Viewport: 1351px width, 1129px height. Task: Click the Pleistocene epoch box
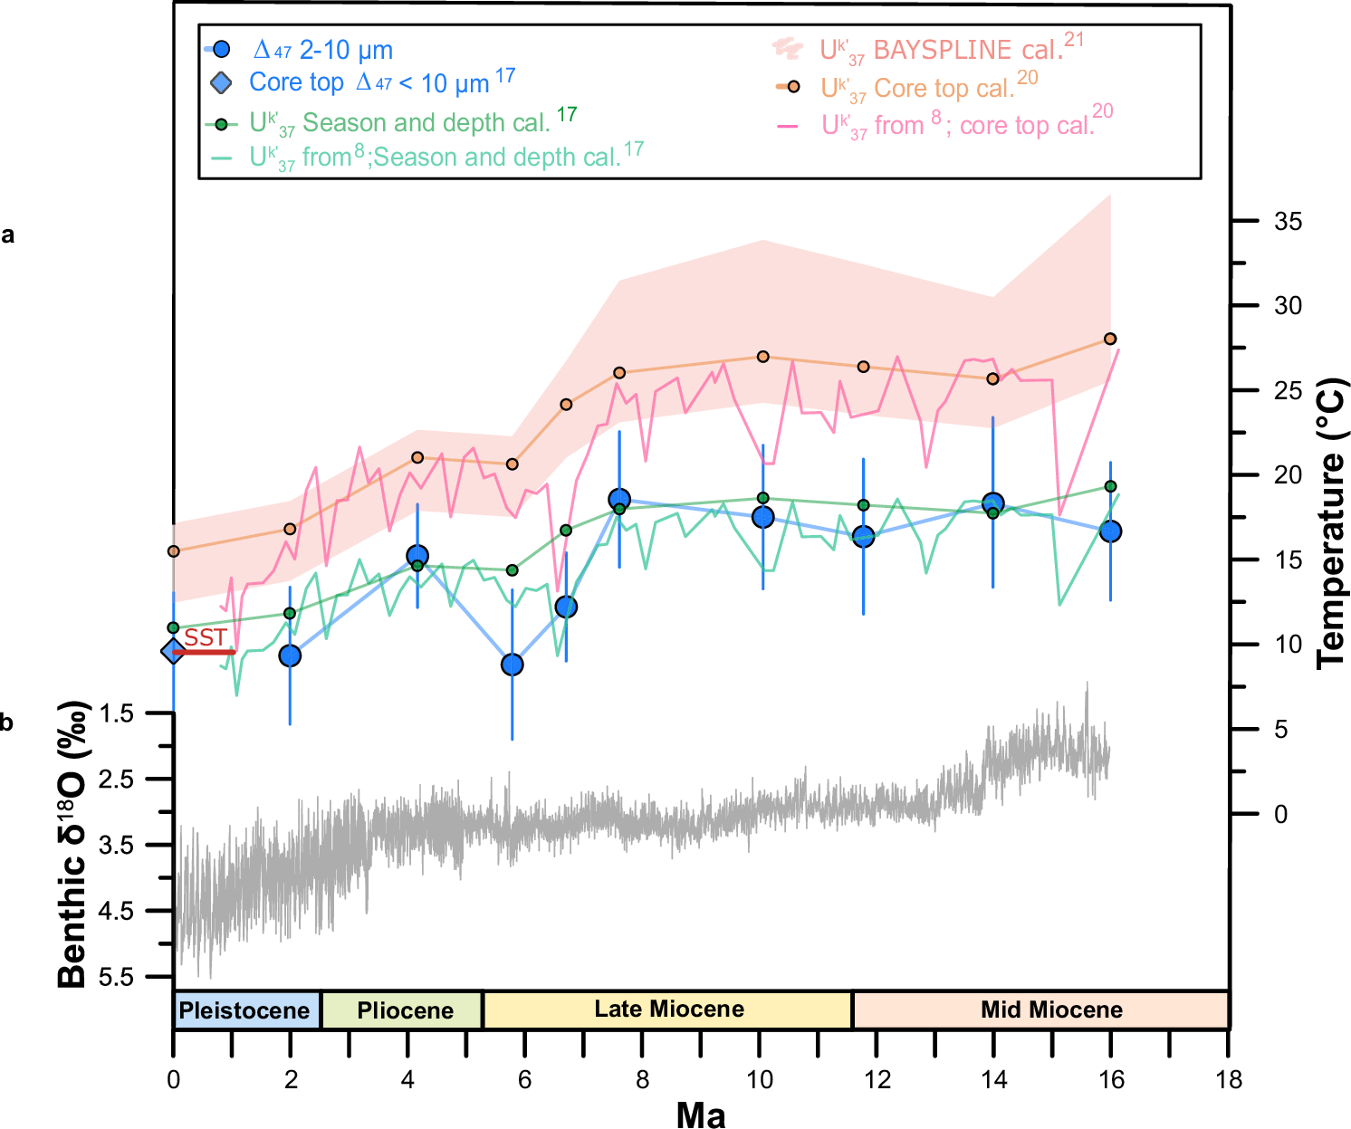[244, 1010]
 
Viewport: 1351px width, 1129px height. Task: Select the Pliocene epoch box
[404, 1010]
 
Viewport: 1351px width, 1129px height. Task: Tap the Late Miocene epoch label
[668, 1009]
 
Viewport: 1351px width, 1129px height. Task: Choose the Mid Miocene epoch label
[1050, 1010]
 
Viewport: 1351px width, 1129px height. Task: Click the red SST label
[206, 638]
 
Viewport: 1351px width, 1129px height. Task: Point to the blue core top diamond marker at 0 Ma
[173, 651]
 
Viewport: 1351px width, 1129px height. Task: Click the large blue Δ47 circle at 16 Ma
[1110, 531]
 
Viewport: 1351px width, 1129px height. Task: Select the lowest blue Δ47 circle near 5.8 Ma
[512, 665]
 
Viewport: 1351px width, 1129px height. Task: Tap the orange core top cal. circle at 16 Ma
[1110, 339]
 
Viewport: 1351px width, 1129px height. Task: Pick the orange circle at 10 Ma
[762, 357]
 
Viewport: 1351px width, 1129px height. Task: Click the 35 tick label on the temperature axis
[1288, 221]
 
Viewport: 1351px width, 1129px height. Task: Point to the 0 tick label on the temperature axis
[1280, 815]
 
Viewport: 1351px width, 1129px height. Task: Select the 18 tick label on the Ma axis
[1229, 1080]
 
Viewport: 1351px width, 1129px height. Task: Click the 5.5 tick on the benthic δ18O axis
[115, 977]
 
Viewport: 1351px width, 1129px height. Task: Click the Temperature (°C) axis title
[1331, 523]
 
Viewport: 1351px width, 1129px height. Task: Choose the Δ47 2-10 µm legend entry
[322, 50]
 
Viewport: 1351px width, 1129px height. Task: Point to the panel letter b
[7, 723]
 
